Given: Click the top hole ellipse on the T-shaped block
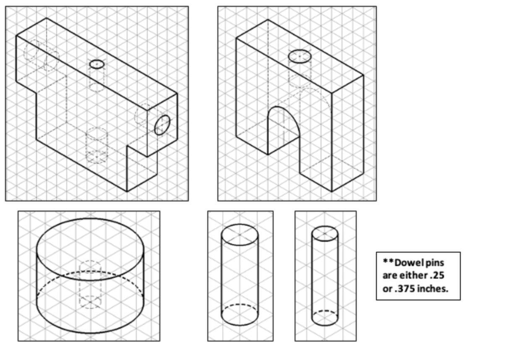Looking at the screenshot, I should [x=97, y=64].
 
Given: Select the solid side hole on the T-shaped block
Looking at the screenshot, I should [x=162, y=125].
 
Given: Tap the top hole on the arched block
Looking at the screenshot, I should [x=300, y=56].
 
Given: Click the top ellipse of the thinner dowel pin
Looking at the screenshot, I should [x=324, y=233].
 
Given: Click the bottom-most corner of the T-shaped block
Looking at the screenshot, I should [x=127, y=191].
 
